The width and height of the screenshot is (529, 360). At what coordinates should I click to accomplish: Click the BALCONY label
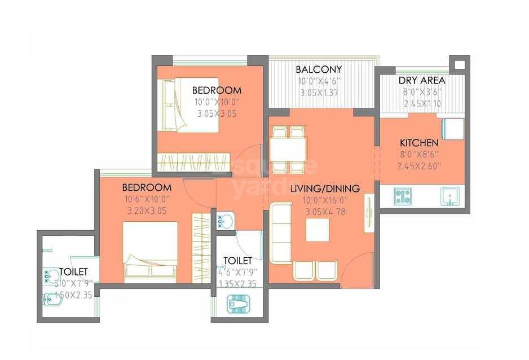319,69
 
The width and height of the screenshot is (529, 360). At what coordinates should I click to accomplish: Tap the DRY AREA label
421,80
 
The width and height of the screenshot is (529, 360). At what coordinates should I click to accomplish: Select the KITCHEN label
419,143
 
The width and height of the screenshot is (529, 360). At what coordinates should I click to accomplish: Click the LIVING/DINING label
325,188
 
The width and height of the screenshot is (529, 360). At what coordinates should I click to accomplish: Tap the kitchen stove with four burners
403,196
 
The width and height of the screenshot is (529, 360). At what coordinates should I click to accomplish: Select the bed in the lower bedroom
150,252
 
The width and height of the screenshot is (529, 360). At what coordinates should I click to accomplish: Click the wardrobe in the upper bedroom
194,162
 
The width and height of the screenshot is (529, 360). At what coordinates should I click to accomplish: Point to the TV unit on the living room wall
369,212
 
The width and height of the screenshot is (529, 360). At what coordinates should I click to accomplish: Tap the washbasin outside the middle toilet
225,221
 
